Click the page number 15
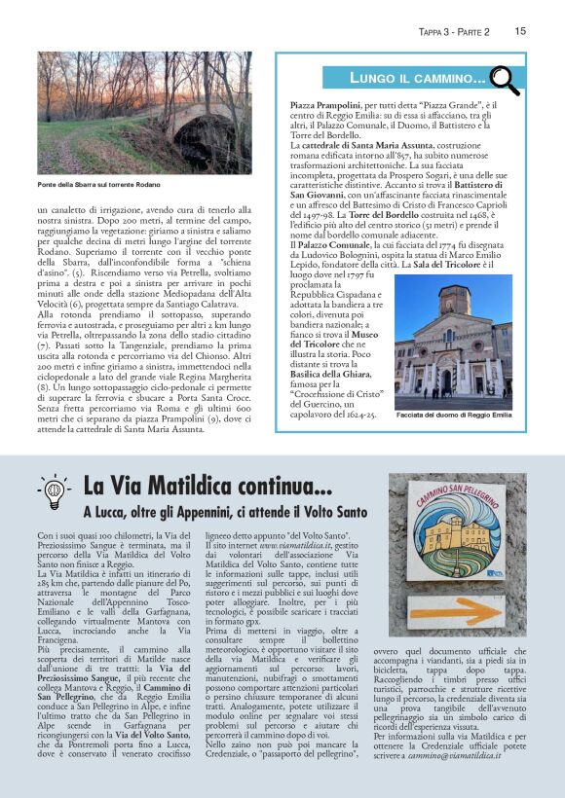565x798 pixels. point(520,31)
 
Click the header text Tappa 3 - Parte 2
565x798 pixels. point(453,31)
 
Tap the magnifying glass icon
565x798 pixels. point(504,76)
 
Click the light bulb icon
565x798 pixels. point(53,491)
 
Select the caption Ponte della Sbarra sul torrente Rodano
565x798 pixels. point(98,184)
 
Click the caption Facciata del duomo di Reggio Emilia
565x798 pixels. point(454,416)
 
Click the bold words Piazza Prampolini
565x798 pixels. point(327,103)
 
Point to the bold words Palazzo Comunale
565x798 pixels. point(332,245)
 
